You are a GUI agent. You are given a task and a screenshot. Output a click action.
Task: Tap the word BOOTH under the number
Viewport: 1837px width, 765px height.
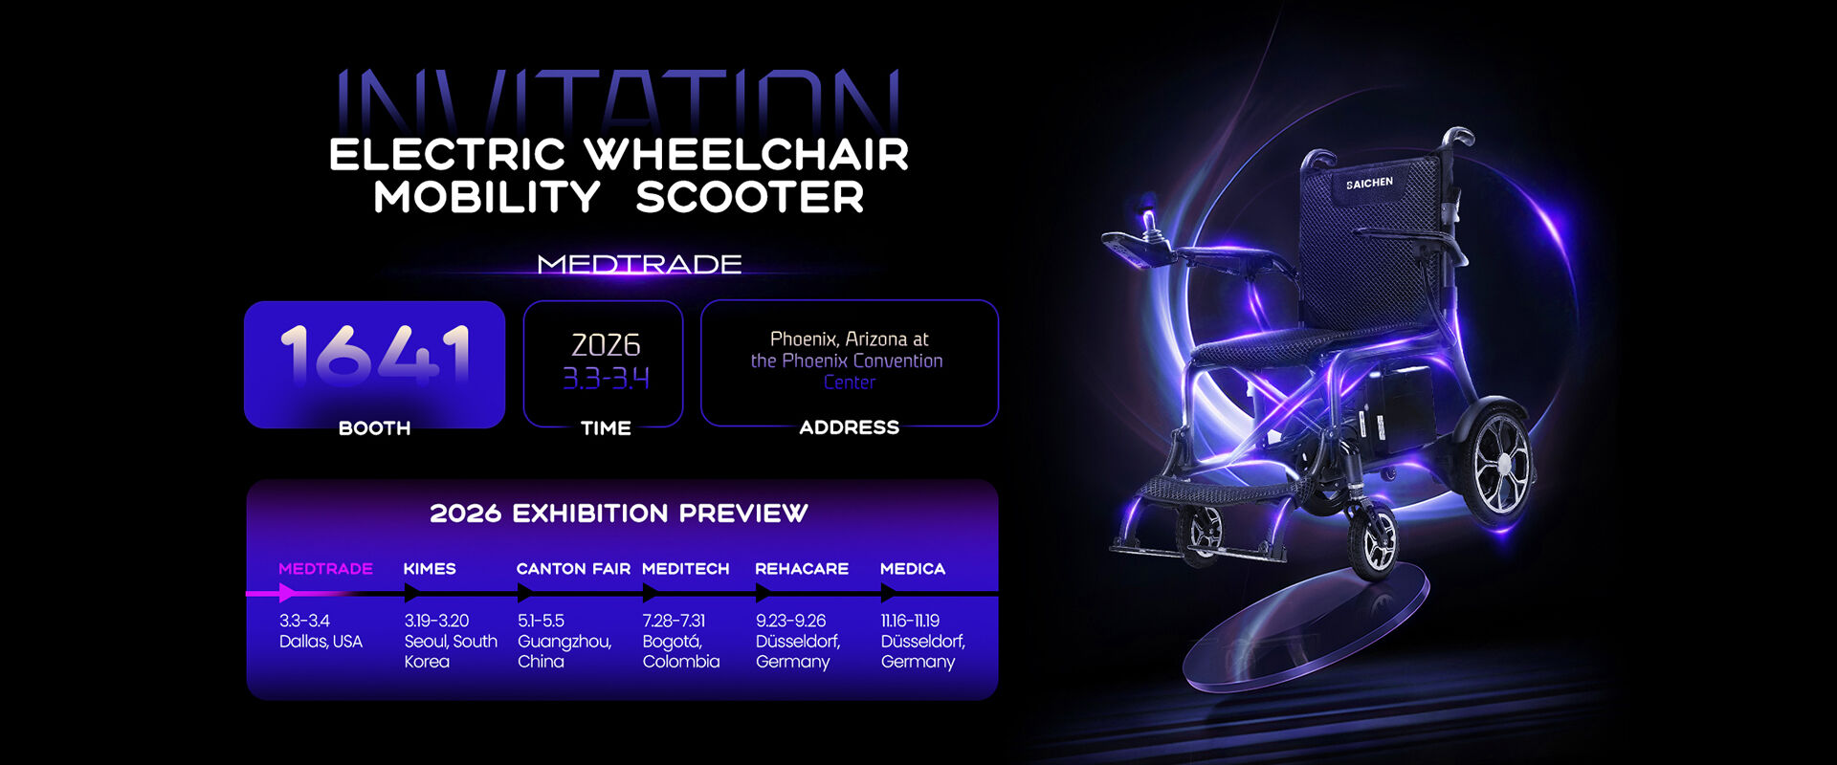tap(374, 428)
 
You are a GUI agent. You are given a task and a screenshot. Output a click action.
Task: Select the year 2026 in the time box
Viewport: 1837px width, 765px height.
tap(606, 344)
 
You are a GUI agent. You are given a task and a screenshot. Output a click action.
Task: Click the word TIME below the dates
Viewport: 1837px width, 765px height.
tap(606, 428)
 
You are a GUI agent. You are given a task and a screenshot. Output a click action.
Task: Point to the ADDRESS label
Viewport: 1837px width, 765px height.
tap(850, 427)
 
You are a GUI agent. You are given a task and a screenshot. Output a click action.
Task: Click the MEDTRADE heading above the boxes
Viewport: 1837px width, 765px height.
tap(639, 264)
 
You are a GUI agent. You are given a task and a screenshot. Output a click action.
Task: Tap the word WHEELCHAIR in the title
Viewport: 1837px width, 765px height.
tap(746, 155)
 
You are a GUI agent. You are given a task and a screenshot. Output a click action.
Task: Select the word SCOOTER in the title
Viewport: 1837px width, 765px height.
tap(750, 197)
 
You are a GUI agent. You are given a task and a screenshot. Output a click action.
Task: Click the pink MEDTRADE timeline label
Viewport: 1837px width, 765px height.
tap(325, 569)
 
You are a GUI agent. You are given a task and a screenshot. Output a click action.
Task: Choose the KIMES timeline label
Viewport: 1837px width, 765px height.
tap(430, 569)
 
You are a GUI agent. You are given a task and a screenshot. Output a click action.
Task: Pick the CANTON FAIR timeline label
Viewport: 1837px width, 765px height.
tap(573, 569)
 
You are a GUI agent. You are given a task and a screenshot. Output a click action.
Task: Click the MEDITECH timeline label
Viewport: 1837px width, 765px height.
tap(685, 569)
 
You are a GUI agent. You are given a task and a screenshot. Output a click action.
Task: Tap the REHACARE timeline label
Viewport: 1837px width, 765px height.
tap(802, 569)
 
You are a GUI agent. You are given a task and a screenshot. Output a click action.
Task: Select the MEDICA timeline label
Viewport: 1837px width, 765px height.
tap(913, 569)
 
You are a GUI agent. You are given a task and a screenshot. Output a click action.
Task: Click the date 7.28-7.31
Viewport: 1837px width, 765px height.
tap(674, 621)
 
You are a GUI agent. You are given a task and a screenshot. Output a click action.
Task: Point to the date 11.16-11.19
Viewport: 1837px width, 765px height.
tap(910, 621)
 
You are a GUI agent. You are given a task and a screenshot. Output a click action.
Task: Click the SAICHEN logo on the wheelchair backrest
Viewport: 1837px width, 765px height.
tap(1369, 183)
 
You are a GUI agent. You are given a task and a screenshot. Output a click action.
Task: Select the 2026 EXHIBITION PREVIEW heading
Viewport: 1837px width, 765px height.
tap(619, 514)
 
